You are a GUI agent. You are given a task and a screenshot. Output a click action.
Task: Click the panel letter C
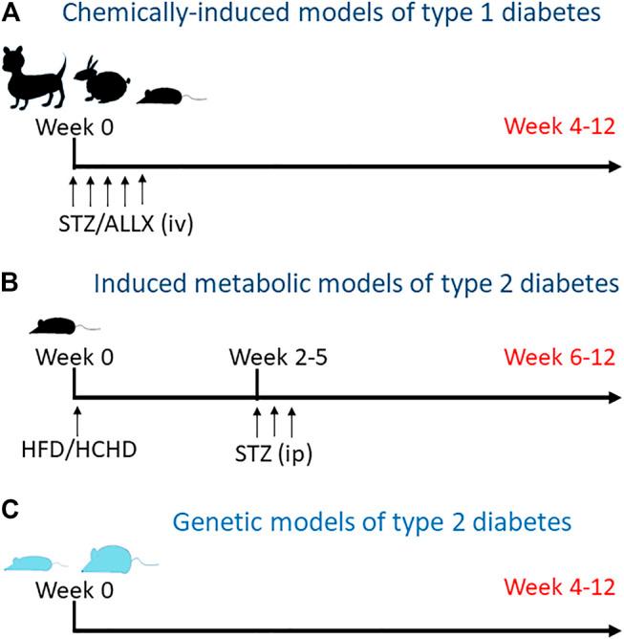click(x=11, y=506)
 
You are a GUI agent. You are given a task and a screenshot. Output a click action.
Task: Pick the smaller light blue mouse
click(x=36, y=562)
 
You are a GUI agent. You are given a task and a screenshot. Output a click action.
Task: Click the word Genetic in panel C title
click(x=207, y=522)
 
